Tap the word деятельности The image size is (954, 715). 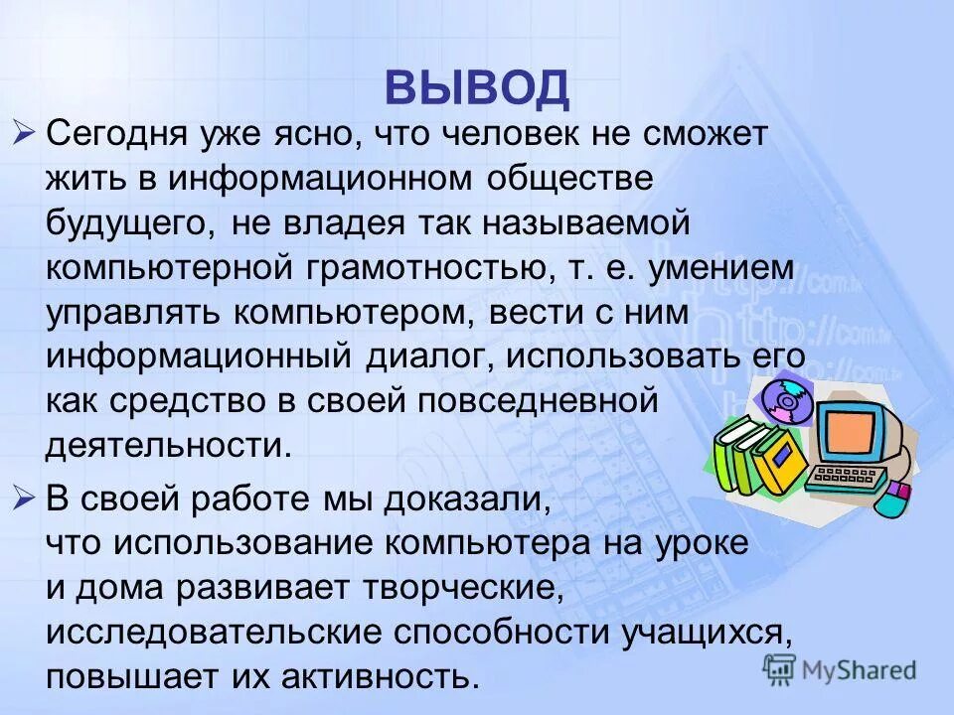click(x=169, y=447)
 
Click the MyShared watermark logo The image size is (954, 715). click(x=841, y=670)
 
